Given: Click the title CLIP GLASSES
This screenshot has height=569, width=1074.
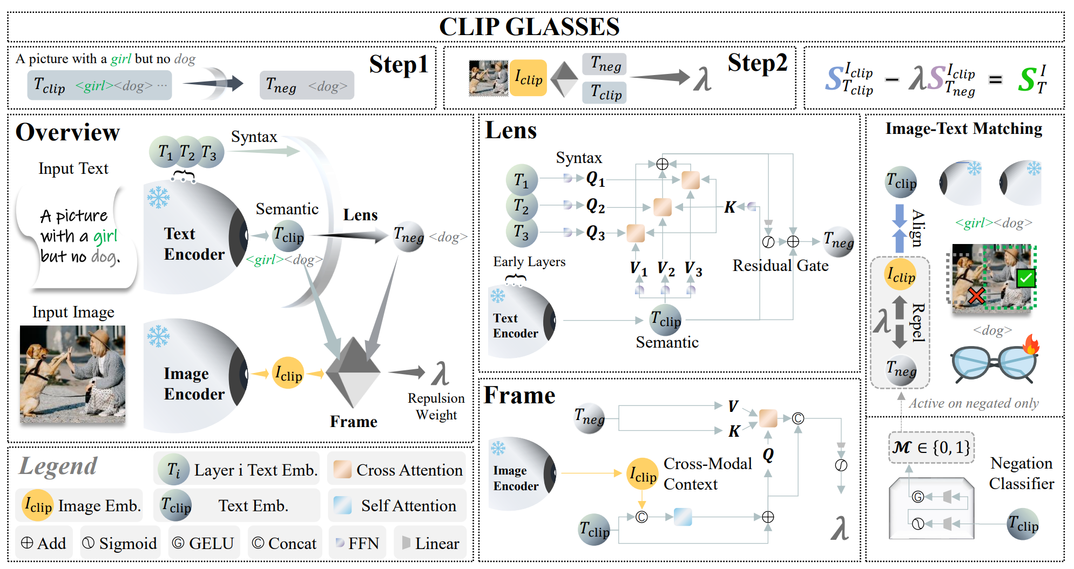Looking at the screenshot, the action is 529,26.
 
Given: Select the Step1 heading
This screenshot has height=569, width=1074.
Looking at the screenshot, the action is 398,65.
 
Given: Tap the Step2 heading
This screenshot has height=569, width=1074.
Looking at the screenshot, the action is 757,63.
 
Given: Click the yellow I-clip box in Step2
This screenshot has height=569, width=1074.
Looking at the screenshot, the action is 528,78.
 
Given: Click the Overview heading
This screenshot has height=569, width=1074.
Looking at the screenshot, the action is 67,132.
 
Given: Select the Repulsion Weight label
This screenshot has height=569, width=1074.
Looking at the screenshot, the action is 436,407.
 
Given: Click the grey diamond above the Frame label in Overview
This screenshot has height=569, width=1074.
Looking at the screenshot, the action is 353,371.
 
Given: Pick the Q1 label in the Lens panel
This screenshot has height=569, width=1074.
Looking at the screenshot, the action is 596,179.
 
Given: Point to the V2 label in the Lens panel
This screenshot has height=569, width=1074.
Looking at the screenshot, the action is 666,268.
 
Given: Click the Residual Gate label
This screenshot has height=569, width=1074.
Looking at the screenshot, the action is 780,266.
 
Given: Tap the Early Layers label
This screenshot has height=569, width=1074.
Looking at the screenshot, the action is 529,262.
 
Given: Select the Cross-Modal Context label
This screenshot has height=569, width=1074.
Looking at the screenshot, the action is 707,474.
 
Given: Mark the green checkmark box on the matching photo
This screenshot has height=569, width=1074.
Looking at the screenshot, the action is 1025,279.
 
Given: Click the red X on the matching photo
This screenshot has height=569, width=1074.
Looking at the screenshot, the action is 976,295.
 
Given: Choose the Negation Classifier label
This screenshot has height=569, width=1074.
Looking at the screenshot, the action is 1021,473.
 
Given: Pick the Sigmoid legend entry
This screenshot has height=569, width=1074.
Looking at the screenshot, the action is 119,543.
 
